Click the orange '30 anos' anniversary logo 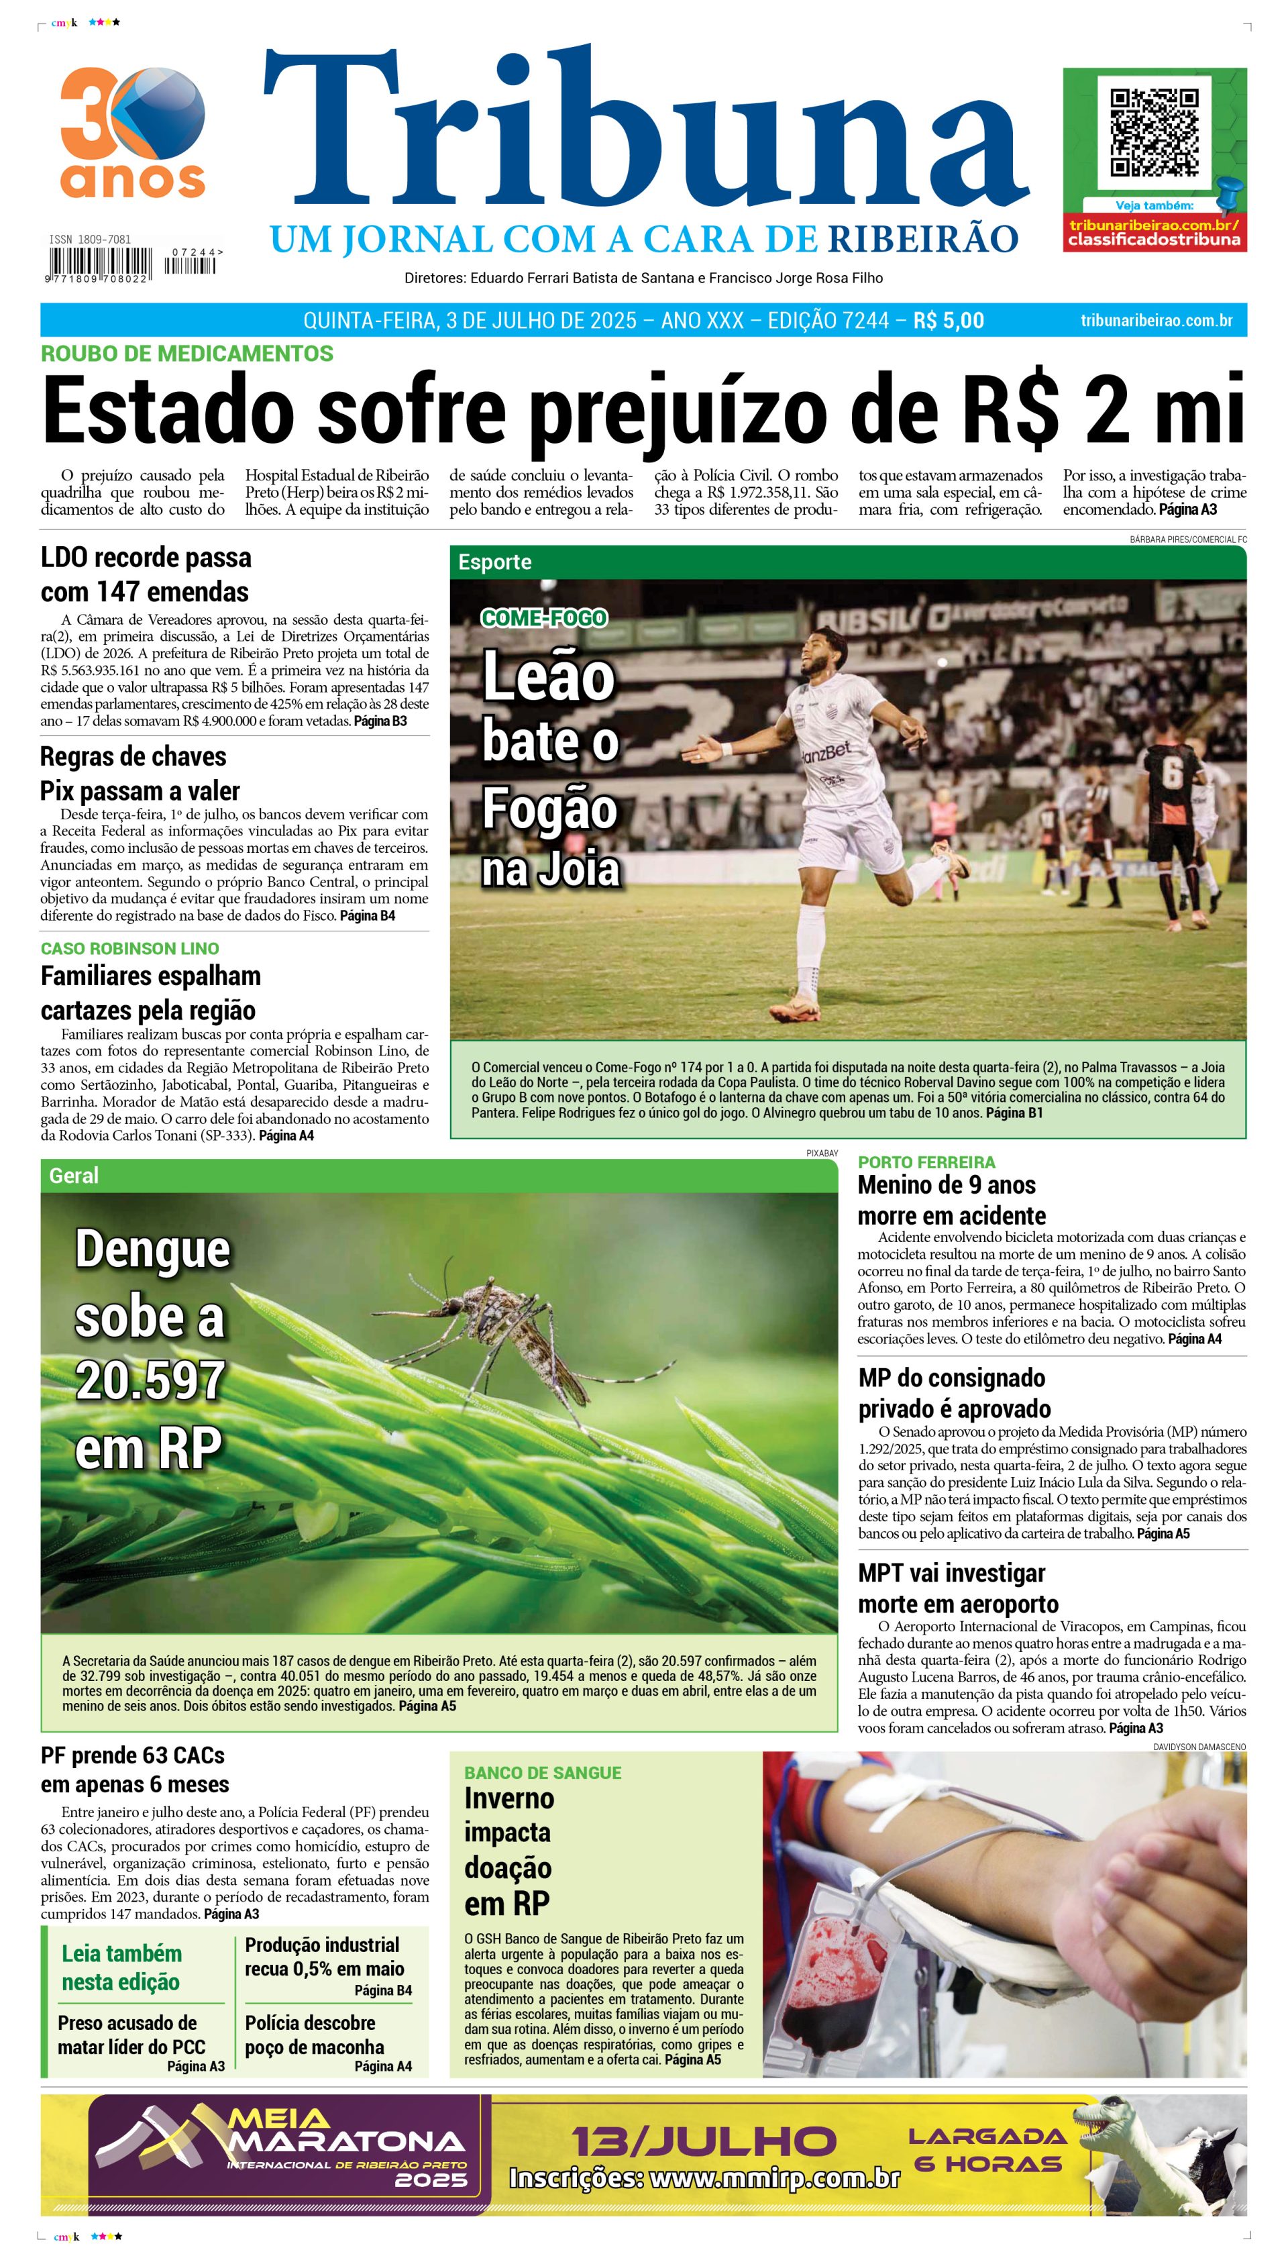click(x=133, y=133)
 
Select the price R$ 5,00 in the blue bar click(x=949, y=320)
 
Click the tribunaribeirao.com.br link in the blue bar click(x=1157, y=320)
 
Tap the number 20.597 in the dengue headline click(x=150, y=1381)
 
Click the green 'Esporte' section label click(x=494, y=562)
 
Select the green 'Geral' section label click(x=74, y=1175)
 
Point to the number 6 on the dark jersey click(x=1171, y=772)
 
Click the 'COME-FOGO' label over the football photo click(x=543, y=617)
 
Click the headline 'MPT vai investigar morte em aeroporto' click(x=958, y=1588)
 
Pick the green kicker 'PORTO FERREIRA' click(x=926, y=1162)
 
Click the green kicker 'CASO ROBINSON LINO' click(x=130, y=948)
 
